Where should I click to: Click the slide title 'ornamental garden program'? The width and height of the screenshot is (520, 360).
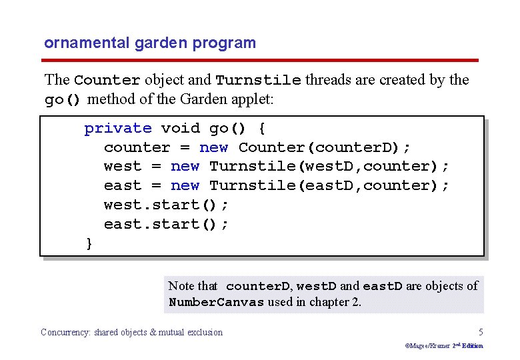pyautogui.click(x=150, y=43)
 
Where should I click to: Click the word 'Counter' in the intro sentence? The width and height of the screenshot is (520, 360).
pyautogui.click(x=107, y=80)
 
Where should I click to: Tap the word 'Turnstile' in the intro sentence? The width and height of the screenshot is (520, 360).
pyautogui.click(x=259, y=80)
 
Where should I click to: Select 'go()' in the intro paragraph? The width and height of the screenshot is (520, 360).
pyautogui.click(x=63, y=100)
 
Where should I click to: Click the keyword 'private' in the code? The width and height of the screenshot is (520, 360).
pyautogui.click(x=118, y=128)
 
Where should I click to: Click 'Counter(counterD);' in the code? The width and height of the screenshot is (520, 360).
pyautogui.click(x=325, y=147)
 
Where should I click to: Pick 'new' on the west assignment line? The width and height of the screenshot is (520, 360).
pyautogui.click(x=185, y=166)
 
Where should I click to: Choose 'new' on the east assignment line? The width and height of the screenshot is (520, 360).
pyautogui.click(x=185, y=185)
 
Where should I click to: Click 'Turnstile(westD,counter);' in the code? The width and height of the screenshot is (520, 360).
pyautogui.click(x=329, y=166)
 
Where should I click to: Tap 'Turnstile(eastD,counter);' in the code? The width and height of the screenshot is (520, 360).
pyautogui.click(x=329, y=185)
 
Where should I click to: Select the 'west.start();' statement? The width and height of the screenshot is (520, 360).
pyautogui.click(x=166, y=205)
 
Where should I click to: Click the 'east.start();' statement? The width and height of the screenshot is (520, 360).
pyautogui.click(x=166, y=224)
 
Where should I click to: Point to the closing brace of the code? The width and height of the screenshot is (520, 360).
pyautogui.click(x=89, y=243)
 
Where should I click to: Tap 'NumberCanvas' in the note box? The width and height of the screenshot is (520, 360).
pyautogui.click(x=217, y=302)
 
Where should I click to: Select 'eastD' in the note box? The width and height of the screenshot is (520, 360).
pyautogui.click(x=383, y=287)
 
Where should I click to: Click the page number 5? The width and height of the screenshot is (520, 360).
pyautogui.click(x=481, y=331)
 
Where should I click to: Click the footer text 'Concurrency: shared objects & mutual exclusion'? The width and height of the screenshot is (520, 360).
pyautogui.click(x=132, y=332)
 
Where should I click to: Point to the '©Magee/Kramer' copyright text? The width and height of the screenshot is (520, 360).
pyautogui.click(x=427, y=345)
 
